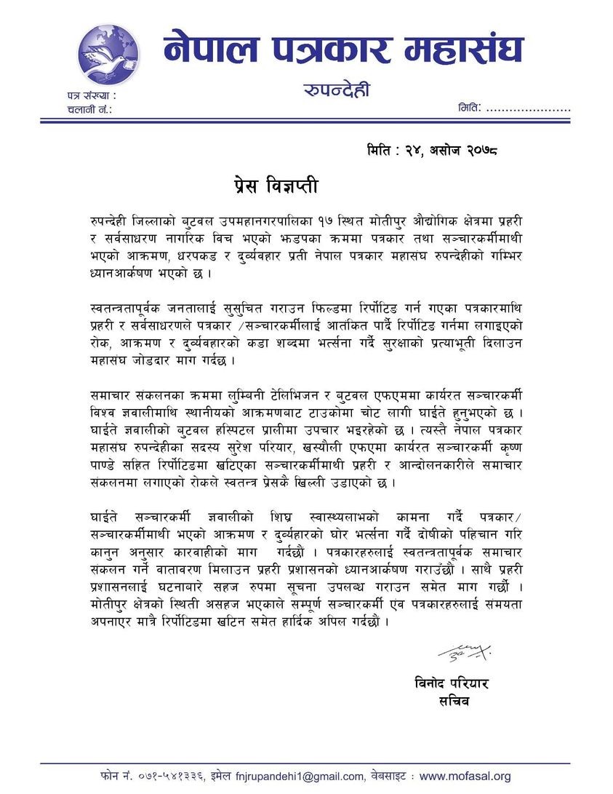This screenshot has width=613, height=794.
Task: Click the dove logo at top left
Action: pyautogui.click(x=108, y=55)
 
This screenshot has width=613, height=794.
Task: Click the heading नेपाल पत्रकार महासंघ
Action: pyautogui.click(x=342, y=49)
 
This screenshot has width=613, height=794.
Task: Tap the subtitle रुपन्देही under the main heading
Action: pyautogui.click(x=336, y=90)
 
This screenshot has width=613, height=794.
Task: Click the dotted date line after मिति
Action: pyautogui.click(x=527, y=108)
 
